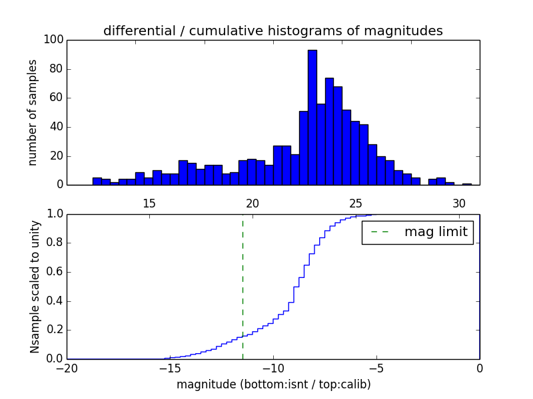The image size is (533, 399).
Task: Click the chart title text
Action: (273, 31)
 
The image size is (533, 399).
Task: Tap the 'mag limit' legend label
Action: (436, 232)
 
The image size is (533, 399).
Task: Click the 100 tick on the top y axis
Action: (54, 40)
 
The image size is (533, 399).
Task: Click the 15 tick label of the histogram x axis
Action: (149, 203)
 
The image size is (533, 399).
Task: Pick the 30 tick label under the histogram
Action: (459, 203)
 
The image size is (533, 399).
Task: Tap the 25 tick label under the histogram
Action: (356, 203)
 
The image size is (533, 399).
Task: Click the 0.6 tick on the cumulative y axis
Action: (54, 272)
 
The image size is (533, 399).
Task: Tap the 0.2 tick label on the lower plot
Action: (54, 330)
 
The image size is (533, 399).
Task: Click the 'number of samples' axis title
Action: (33, 112)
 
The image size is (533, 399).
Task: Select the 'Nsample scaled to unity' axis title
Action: (35, 286)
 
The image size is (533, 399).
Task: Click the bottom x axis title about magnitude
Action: (273, 384)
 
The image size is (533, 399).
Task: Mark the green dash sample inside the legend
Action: (379, 232)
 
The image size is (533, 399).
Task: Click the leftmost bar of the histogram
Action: (97, 181)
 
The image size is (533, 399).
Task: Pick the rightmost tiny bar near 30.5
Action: (467, 184)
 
